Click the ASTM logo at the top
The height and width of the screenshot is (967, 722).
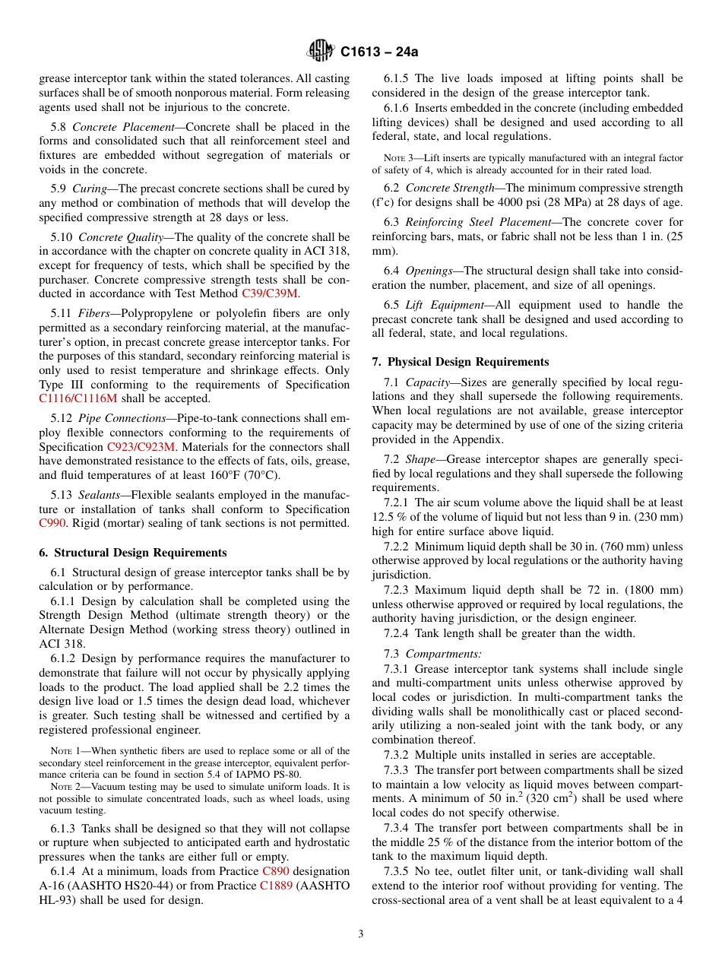coord(320,51)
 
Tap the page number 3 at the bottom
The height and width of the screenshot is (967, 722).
coord(361,934)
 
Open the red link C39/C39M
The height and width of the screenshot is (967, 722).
coord(270,293)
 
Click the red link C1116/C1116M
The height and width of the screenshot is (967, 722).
coord(85,398)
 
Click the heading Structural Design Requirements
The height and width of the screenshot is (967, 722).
coord(140,553)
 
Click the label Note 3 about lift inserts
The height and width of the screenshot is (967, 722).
coord(399,158)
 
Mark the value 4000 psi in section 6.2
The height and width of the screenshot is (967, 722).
coord(574,202)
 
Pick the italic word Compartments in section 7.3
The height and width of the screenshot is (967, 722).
coord(442,654)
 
